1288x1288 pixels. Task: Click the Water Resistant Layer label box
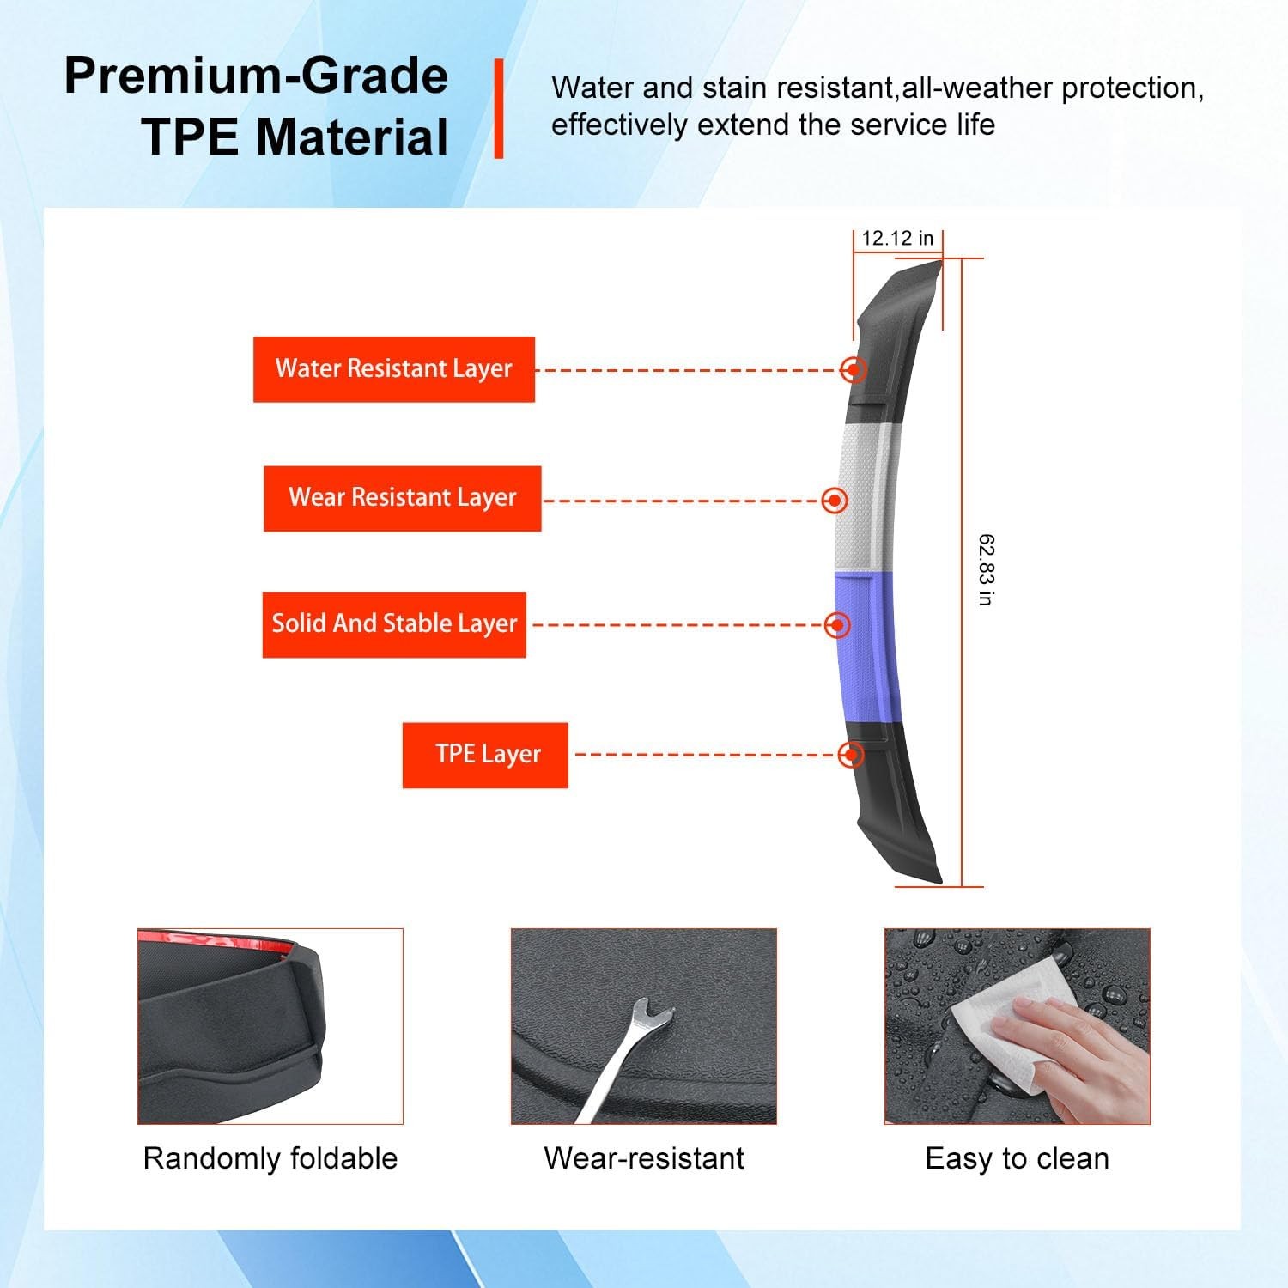(394, 369)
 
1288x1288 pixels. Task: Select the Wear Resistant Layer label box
(402, 498)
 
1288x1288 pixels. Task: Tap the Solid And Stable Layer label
(394, 624)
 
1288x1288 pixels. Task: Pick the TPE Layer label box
(485, 755)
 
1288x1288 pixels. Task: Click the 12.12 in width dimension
(897, 239)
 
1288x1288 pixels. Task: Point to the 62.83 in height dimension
(987, 570)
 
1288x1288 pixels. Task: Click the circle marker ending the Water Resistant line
(854, 369)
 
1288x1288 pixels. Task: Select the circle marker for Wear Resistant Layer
(835, 501)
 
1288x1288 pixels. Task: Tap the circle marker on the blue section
(837, 625)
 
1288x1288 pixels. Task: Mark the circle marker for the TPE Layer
(851, 755)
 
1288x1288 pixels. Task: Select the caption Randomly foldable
(270, 1158)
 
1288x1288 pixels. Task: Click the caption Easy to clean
(1018, 1159)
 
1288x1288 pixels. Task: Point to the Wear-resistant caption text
(644, 1158)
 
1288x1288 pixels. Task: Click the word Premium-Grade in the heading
(256, 76)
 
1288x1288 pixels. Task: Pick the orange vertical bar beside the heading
(499, 109)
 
